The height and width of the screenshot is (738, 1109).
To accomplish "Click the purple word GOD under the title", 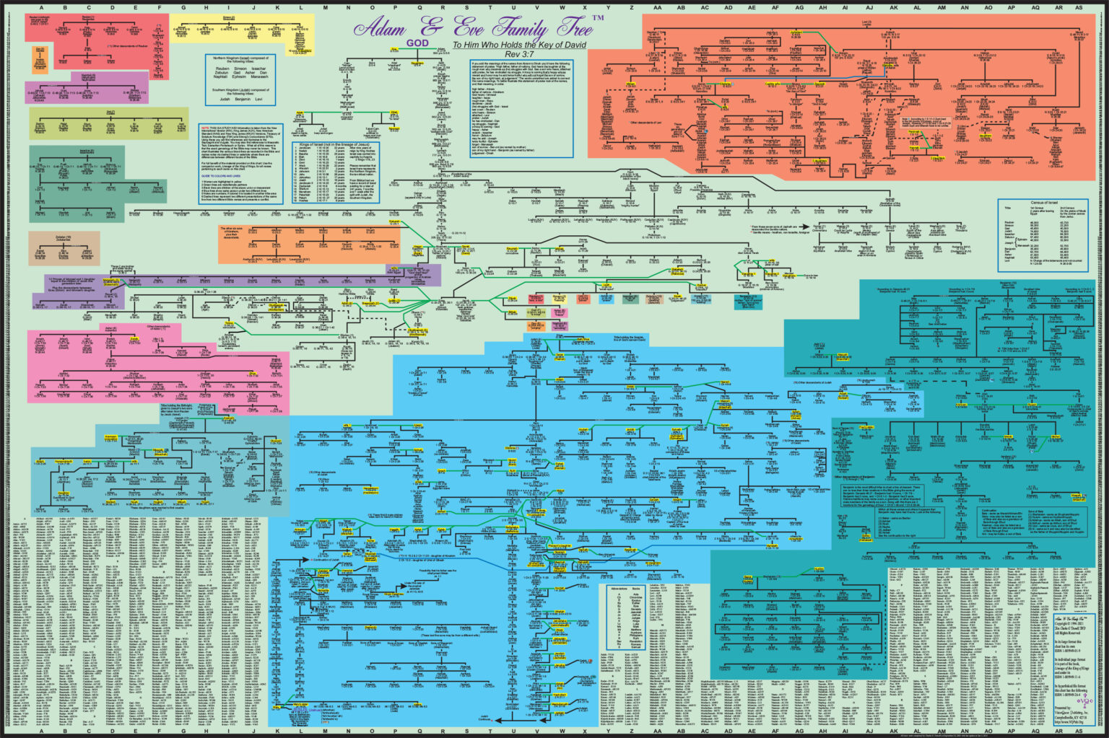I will coord(418,43).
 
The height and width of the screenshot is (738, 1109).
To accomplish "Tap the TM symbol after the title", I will coord(598,17).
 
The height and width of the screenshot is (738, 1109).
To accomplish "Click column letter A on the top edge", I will coord(41,6).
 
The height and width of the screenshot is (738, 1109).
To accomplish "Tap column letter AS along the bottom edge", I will coord(1078,732).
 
